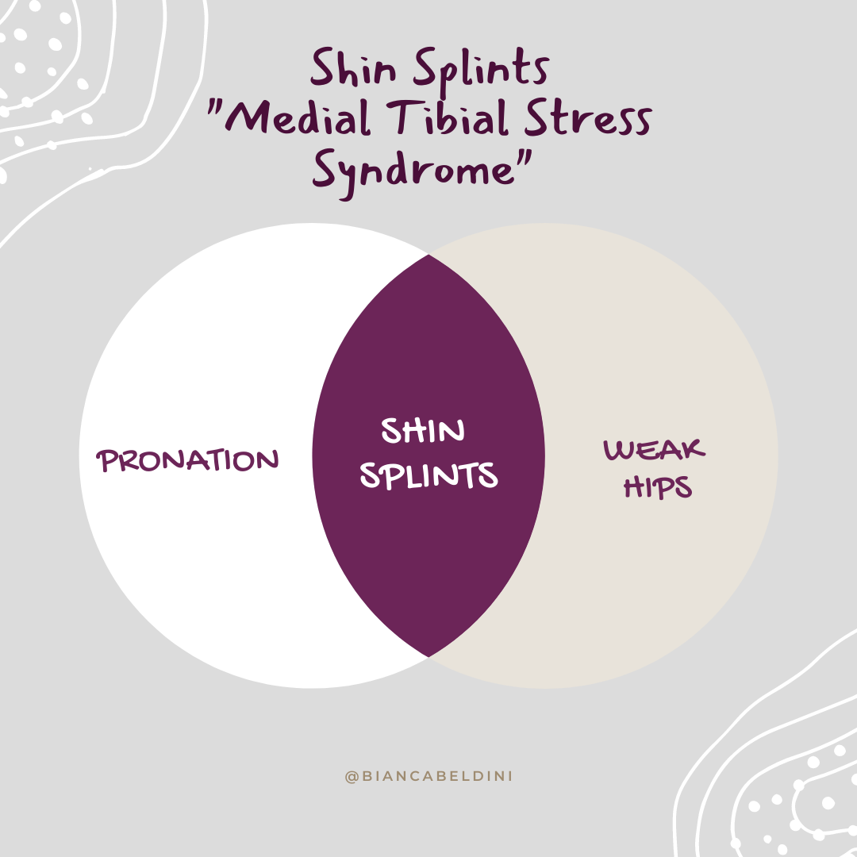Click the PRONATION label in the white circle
point(188,460)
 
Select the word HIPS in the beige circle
point(658,486)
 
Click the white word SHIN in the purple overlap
point(422,432)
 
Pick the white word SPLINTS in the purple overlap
point(428,475)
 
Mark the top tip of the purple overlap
point(428,256)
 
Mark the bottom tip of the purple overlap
point(428,656)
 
